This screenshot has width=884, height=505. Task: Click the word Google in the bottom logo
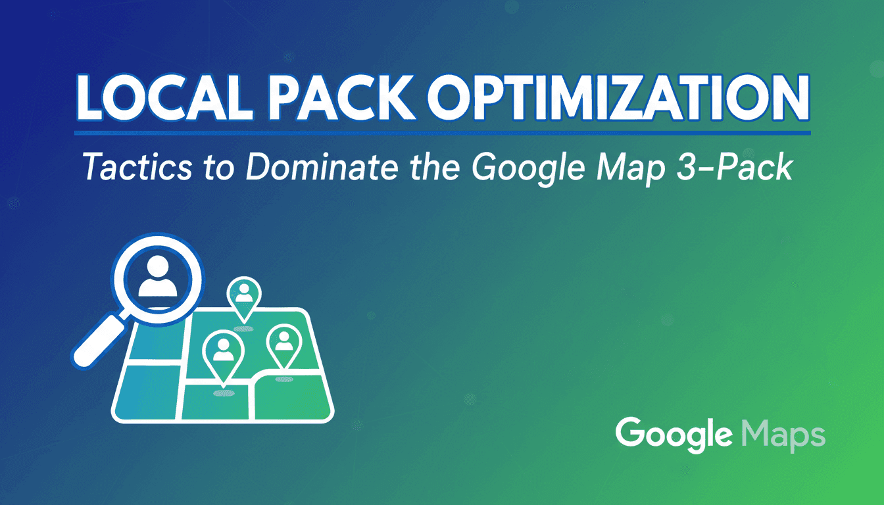(x=674, y=434)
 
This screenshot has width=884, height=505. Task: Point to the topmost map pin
(x=243, y=298)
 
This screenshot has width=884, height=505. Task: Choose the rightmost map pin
(x=283, y=344)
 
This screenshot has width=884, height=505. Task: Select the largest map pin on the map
(x=224, y=355)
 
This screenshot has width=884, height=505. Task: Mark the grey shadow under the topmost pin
(x=243, y=329)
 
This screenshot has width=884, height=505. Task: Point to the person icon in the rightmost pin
(x=283, y=340)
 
